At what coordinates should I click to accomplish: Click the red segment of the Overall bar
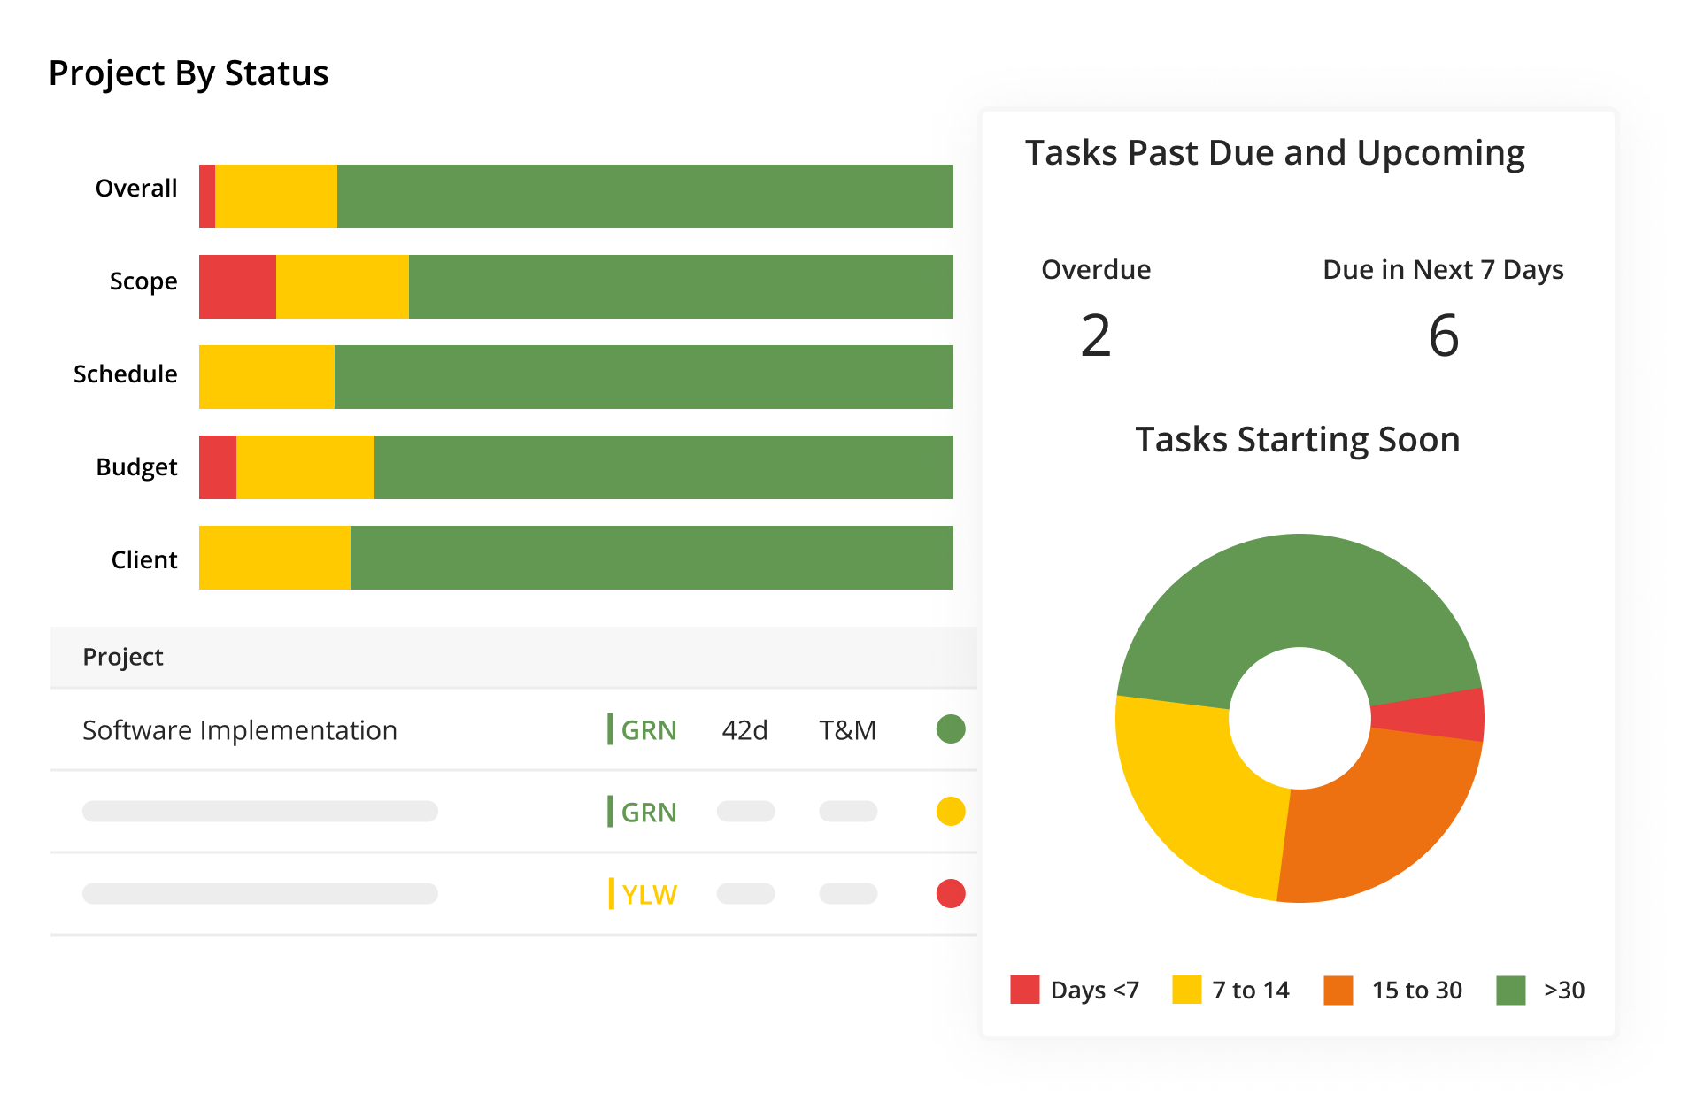(207, 197)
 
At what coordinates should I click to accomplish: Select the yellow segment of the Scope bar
(342, 287)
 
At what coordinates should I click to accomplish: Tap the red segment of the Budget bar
(218, 467)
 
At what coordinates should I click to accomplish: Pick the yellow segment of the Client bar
(274, 558)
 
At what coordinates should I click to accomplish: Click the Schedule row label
(125, 374)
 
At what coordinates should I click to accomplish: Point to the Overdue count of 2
(1096, 336)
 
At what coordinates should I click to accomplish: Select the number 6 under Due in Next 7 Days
(1443, 336)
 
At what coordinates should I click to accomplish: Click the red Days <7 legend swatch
(1024, 990)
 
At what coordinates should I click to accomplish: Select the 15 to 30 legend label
(1416, 990)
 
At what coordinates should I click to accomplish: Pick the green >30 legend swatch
(1510, 990)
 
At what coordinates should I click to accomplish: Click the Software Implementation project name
(240, 730)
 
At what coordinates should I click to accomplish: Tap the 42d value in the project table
(744, 730)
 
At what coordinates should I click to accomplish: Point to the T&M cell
(847, 730)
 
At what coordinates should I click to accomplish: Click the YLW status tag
(648, 894)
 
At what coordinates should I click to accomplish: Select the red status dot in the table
(951, 893)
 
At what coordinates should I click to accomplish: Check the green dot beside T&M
(951, 729)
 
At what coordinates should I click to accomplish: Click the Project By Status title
(189, 73)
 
